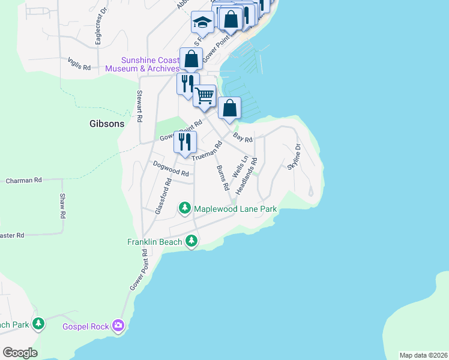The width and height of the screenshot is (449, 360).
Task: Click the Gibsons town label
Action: pos(106,124)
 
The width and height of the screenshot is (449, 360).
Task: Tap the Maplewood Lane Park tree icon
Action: pos(185,209)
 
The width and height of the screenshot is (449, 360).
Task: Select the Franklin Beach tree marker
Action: pos(191,241)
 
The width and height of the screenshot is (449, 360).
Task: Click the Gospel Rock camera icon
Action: pos(118,326)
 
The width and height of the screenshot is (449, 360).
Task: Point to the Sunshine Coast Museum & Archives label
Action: pos(142,64)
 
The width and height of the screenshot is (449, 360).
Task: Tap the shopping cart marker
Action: pos(205,95)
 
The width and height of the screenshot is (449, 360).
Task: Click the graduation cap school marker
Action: pos(202,23)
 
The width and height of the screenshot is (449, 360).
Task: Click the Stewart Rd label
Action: pos(139,106)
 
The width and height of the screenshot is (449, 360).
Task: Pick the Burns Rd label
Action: pos(223,178)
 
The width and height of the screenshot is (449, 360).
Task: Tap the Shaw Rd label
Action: pos(62,205)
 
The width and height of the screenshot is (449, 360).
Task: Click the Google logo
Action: pos(20,353)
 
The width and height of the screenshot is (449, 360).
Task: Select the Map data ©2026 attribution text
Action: pos(423,355)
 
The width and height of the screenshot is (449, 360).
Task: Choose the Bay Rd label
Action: pos(243,138)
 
